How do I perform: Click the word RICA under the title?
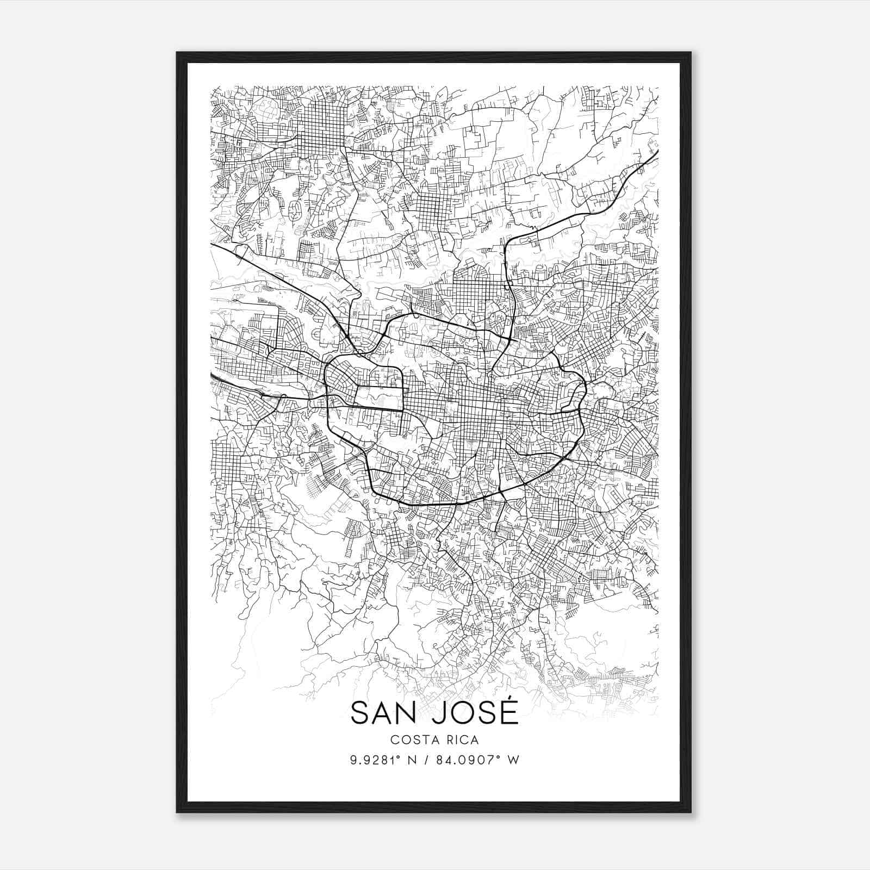point(461,739)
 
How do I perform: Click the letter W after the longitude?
point(513,760)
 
